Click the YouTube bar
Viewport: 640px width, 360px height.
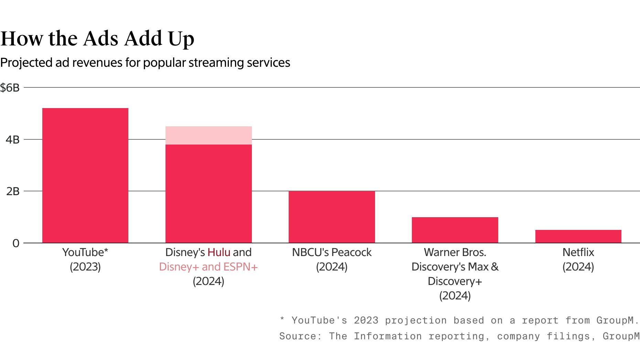(x=85, y=176)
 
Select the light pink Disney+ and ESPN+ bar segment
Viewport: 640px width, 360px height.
(x=209, y=135)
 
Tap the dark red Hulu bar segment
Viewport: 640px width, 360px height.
(x=209, y=193)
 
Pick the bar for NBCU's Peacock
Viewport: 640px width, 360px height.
(x=332, y=217)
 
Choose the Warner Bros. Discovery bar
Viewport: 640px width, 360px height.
(x=455, y=230)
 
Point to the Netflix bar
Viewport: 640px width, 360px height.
(x=578, y=236)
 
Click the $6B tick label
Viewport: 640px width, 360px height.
(x=10, y=88)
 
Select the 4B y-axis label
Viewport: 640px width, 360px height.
(x=12, y=139)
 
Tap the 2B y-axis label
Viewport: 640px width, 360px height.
(x=13, y=191)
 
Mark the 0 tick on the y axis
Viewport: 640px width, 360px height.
(x=16, y=243)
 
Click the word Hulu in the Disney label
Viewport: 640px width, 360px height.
(x=218, y=252)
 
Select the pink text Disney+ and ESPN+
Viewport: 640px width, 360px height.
(x=208, y=267)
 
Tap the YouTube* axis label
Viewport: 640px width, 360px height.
(x=85, y=252)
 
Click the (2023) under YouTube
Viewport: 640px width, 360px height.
(x=85, y=267)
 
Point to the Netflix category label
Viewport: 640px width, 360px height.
(x=578, y=252)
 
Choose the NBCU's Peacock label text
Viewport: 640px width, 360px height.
(x=332, y=252)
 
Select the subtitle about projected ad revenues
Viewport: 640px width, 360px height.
(x=145, y=63)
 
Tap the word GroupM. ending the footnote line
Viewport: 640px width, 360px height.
(x=617, y=320)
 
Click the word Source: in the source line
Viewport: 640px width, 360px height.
(x=300, y=336)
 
